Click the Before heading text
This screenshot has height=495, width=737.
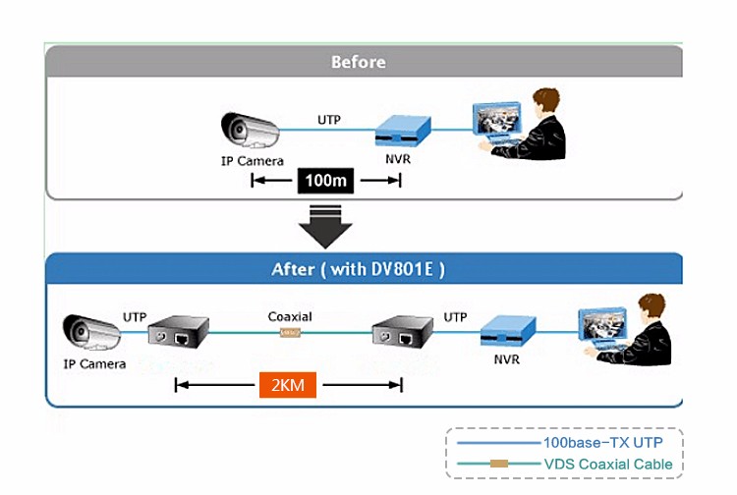click(358, 62)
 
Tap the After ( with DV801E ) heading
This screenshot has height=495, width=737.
click(358, 269)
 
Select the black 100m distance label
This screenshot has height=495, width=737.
click(326, 181)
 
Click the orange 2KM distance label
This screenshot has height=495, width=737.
click(287, 385)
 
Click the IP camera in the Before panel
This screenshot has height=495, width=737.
click(250, 131)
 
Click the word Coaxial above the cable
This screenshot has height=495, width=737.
click(290, 316)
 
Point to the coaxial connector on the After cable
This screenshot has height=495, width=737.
click(290, 334)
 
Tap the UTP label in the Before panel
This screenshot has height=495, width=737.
click(329, 119)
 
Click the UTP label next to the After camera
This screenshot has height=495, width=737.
click(135, 316)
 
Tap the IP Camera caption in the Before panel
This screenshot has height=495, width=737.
click(253, 161)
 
